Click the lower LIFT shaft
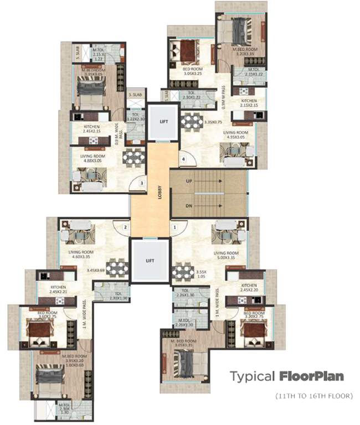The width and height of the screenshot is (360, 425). coord(150,260)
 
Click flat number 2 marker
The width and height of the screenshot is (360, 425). coord(126,227)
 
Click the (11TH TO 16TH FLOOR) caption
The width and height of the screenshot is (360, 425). coord(314,396)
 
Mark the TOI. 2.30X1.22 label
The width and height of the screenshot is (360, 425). coord(191,95)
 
